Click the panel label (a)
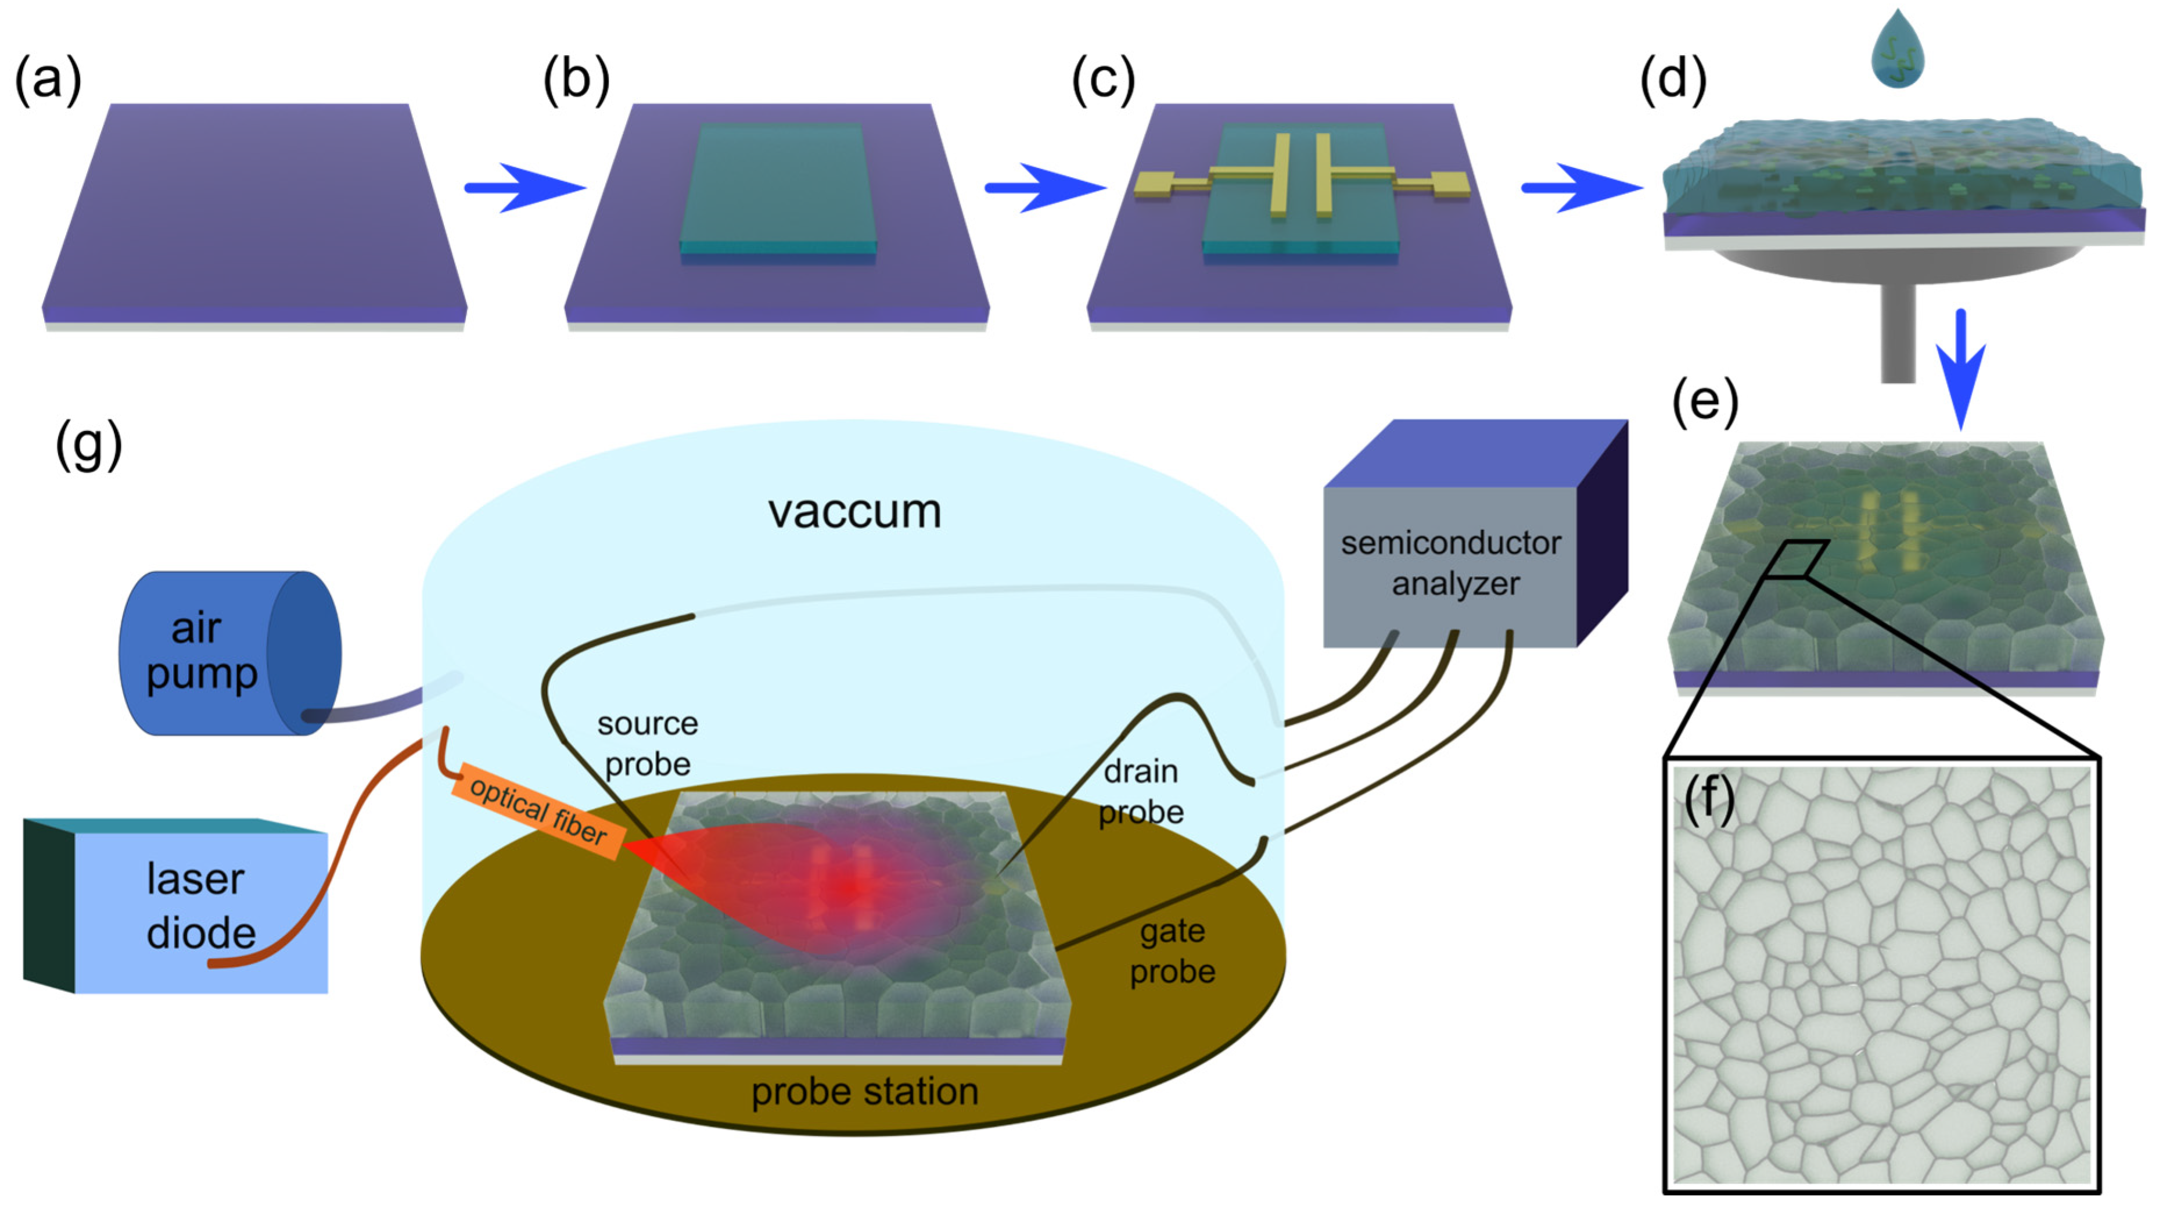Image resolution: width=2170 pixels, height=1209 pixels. point(48,80)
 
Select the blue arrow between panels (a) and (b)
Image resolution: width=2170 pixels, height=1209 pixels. point(524,188)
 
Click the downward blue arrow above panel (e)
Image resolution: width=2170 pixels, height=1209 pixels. point(1961,371)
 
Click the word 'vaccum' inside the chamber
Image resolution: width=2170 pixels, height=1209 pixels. point(854,511)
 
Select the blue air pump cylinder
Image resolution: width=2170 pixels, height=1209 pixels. point(228,653)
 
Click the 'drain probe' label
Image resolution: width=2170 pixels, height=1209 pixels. point(1141,792)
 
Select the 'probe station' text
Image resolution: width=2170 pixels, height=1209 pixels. point(864,1092)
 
